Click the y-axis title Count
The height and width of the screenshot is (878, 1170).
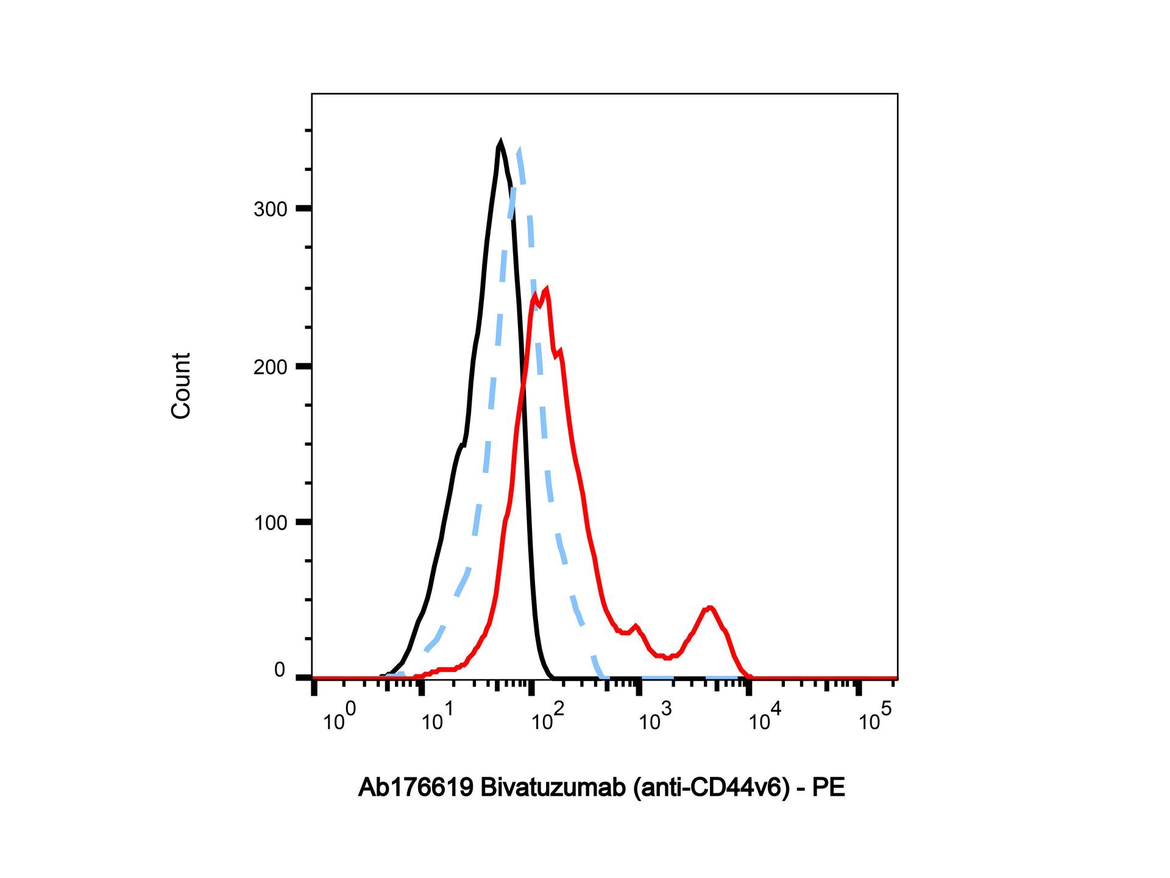[x=181, y=385]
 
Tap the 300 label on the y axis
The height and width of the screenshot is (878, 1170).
[x=270, y=210]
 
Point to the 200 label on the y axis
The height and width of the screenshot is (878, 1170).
[x=270, y=367]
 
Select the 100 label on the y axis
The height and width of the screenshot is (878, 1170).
[x=270, y=523]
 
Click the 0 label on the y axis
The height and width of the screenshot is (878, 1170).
[x=280, y=670]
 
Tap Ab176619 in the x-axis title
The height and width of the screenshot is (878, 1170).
[x=416, y=788]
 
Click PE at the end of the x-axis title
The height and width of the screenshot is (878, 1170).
[x=829, y=788]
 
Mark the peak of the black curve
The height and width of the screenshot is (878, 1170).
[x=500, y=143]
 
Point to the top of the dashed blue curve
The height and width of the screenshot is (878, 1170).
[x=519, y=151]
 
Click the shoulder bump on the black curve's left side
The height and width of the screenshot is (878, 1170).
[x=462, y=447]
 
